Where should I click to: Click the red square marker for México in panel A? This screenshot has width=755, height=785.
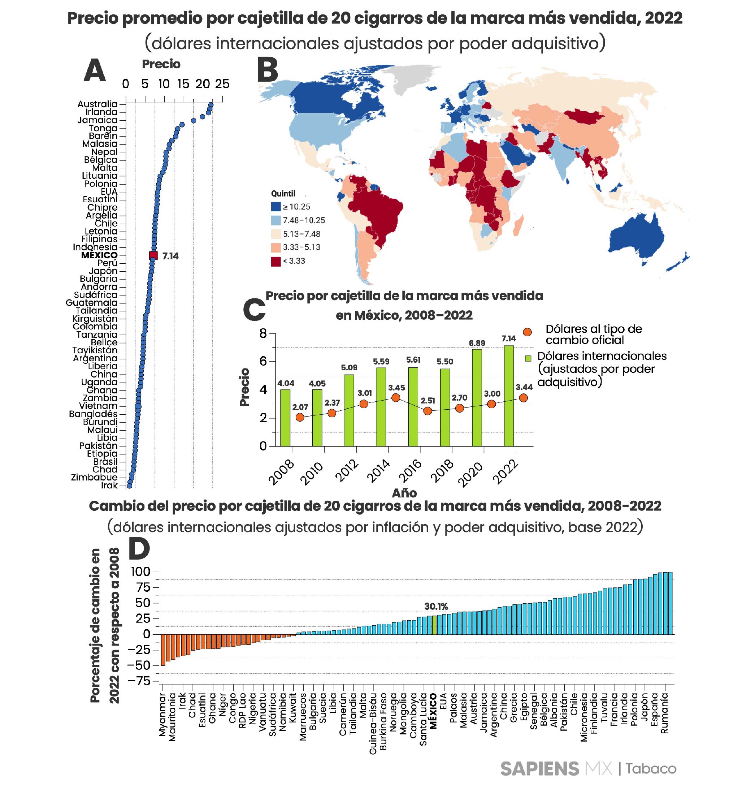(x=153, y=255)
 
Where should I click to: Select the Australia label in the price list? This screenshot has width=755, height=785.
(x=97, y=104)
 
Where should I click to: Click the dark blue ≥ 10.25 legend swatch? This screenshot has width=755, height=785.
(x=276, y=207)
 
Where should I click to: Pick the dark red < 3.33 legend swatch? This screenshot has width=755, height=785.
(x=276, y=261)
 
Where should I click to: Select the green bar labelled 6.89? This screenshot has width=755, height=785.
(x=477, y=397)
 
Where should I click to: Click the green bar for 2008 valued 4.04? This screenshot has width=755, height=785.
(x=285, y=417)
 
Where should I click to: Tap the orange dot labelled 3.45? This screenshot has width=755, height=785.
(x=395, y=398)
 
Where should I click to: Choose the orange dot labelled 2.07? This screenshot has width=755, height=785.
(x=300, y=417)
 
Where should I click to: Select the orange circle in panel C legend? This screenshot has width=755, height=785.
(x=528, y=332)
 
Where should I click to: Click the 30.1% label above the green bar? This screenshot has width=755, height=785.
(x=436, y=607)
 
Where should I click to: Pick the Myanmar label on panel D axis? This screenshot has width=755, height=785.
(x=162, y=715)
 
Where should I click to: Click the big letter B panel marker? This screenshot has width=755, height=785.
(x=268, y=70)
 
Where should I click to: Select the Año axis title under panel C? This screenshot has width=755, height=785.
(x=404, y=493)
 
